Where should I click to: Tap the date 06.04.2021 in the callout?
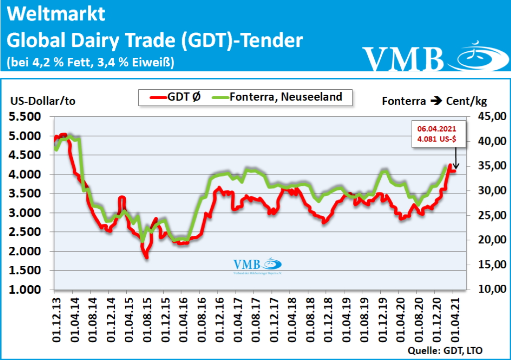click(x=437, y=129)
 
